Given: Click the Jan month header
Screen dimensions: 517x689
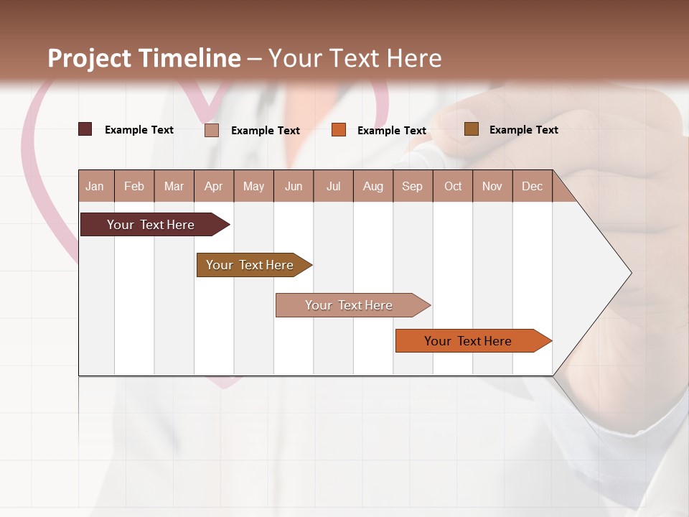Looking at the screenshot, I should pyautogui.click(x=95, y=186).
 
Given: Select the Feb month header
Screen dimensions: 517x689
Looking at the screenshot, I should pyautogui.click(x=134, y=186).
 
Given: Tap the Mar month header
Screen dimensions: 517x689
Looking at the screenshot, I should pyautogui.click(x=174, y=186).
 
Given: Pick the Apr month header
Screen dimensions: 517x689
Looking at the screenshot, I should pyautogui.click(x=214, y=186).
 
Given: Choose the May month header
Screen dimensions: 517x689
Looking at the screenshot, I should pyautogui.click(x=253, y=186).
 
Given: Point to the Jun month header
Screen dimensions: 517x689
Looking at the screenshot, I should pyautogui.click(x=294, y=186).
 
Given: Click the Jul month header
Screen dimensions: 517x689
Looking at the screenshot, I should pyautogui.click(x=333, y=186).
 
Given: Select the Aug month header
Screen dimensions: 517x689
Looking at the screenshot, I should pyautogui.click(x=373, y=186).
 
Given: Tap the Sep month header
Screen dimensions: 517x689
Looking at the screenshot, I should pyautogui.click(x=413, y=186).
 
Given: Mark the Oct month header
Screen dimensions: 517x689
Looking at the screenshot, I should pyautogui.click(x=453, y=186).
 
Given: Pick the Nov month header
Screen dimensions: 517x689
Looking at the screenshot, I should pyautogui.click(x=492, y=186).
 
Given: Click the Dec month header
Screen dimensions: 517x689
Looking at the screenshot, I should pyautogui.click(x=533, y=186).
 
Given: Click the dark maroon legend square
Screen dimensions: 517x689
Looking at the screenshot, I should pyautogui.click(x=85, y=129).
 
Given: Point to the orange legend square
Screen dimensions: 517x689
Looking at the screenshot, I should pyautogui.click(x=339, y=130).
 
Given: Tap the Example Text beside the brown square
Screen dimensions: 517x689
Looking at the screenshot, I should pyautogui.click(x=523, y=130).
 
